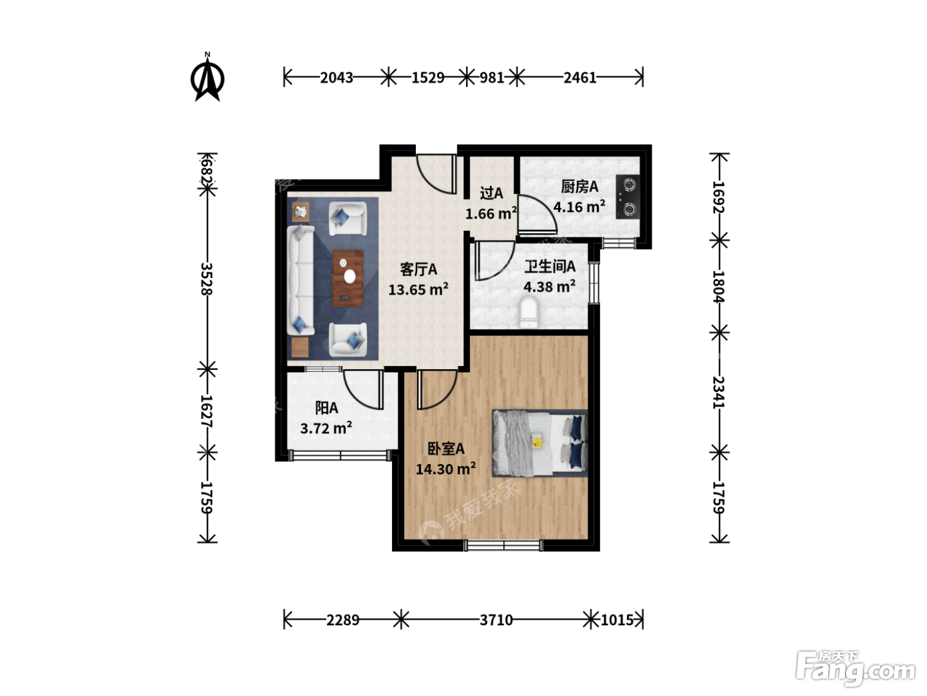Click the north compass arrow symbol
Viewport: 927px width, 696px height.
(x=207, y=78)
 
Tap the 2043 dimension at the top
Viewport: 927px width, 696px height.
(x=336, y=78)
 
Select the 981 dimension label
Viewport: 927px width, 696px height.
(x=491, y=78)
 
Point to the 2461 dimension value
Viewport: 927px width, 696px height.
(x=580, y=78)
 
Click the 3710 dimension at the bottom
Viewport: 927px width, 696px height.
(x=496, y=620)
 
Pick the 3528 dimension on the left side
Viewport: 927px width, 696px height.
(x=207, y=279)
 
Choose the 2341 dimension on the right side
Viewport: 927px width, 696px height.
(x=718, y=392)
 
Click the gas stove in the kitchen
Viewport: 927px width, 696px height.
(x=628, y=197)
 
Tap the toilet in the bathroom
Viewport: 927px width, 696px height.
(x=529, y=312)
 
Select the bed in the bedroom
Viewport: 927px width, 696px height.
(x=540, y=443)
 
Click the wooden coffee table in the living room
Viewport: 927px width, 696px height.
(x=348, y=278)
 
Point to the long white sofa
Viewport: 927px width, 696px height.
(x=301, y=280)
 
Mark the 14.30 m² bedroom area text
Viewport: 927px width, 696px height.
(x=446, y=469)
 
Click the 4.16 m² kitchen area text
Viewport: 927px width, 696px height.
(x=579, y=207)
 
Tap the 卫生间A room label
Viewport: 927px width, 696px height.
(x=550, y=266)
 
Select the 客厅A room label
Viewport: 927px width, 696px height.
(x=418, y=269)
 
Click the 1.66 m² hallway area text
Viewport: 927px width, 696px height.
(x=491, y=213)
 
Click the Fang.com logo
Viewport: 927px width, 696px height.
(x=855, y=669)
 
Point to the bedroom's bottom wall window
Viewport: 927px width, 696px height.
(x=503, y=545)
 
